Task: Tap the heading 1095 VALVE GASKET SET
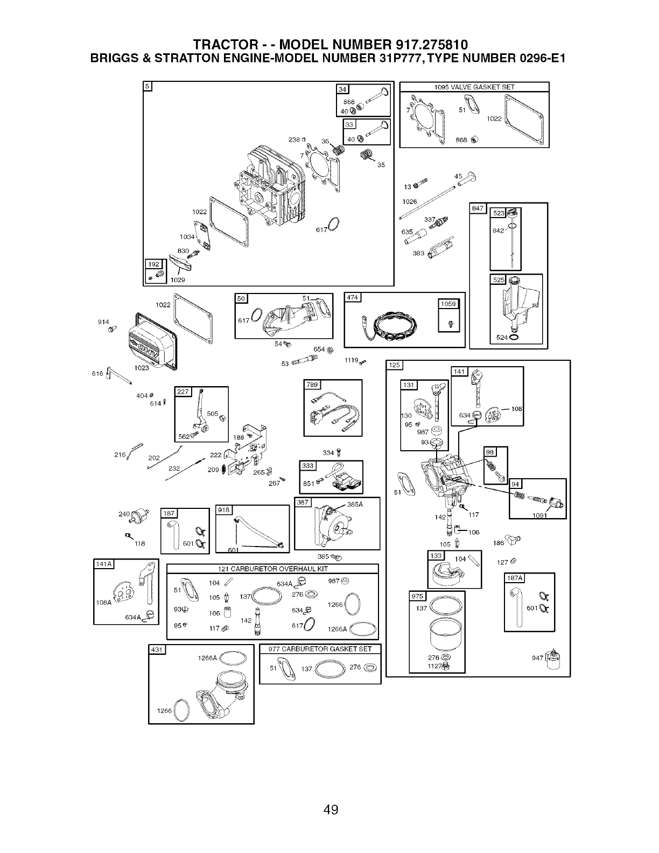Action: [x=474, y=87]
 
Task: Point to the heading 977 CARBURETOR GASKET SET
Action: [x=320, y=649]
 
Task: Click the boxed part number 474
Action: [x=353, y=299]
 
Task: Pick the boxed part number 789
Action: [x=312, y=384]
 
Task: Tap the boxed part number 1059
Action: [x=448, y=304]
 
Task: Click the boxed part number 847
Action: [x=478, y=208]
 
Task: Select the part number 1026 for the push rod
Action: [x=410, y=202]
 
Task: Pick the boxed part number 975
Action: [x=418, y=597]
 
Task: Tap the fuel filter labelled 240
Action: [x=142, y=514]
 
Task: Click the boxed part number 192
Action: [x=153, y=264]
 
